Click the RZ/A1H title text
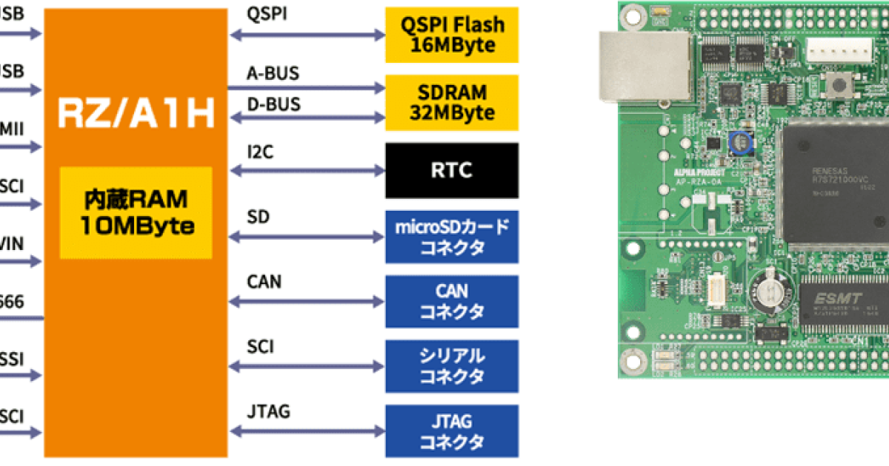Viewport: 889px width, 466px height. point(136,113)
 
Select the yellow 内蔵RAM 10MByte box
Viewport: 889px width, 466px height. point(136,212)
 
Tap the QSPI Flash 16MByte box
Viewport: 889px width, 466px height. point(452,35)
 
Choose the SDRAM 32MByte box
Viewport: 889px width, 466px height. point(452,102)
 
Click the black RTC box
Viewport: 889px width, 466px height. point(452,170)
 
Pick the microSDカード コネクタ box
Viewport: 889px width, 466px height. point(452,237)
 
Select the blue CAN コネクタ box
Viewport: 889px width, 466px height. point(452,301)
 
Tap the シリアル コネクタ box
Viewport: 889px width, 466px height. point(452,365)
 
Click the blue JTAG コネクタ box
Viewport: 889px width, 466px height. point(452,431)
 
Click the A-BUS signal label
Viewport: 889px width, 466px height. point(273,73)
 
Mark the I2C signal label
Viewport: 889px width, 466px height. point(260,152)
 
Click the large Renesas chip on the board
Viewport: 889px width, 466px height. point(833,181)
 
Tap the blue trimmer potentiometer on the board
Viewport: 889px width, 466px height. point(738,142)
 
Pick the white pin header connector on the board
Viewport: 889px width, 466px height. point(835,50)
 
